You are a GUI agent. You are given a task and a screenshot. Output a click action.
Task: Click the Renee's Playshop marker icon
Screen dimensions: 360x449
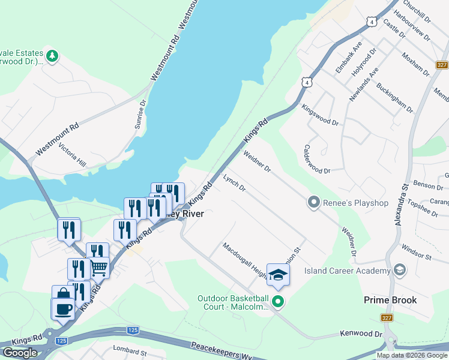pyautogui.click(x=313, y=203)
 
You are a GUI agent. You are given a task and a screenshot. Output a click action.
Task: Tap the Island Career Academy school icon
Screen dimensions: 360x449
pyautogui.click(x=399, y=271)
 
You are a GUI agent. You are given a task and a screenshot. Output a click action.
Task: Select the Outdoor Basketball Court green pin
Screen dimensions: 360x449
pyautogui.click(x=277, y=302)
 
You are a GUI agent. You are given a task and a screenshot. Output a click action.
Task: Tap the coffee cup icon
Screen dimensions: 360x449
pyautogui.click(x=63, y=309)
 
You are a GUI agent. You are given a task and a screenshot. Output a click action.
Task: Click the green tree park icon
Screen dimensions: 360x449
pyautogui.click(x=52, y=56)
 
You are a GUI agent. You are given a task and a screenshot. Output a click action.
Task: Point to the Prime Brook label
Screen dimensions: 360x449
pyautogui.click(x=390, y=299)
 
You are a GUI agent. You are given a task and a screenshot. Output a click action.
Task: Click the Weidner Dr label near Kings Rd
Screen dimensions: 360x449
pyautogui.click(x=258, y=161)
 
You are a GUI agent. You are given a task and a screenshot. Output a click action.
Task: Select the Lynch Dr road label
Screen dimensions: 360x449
pyautogui.click(x=234, y=184)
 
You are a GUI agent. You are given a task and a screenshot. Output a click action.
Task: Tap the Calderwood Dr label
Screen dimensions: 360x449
pyautogui.click(x=317, y=159)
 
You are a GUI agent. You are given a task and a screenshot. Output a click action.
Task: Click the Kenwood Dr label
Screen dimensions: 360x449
pyautogui.click(x=361, y=333)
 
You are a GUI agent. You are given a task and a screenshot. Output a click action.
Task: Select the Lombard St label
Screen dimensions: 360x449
pyautogui.click(x=130, y=349)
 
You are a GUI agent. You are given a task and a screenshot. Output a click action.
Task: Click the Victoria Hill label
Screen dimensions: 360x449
pyautogui.click(x=72, y=155)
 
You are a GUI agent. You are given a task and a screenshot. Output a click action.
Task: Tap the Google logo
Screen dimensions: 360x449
pyautogui.click(x=20, y=353)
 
